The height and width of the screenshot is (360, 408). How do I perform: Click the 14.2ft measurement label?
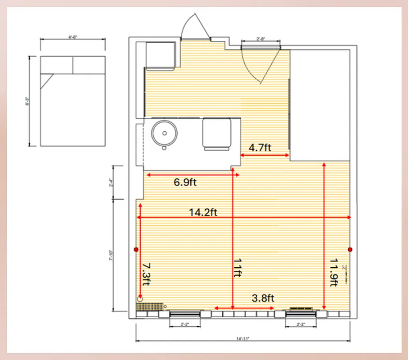pyautogui.click(x=203, y=212)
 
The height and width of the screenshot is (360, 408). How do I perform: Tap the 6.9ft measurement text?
pyautogui.click(x=185, y=182)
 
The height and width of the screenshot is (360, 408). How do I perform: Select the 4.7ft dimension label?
pyautogui.click(x=260, y=148)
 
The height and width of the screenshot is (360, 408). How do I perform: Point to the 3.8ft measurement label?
pyautogui.click(x=263, y=298)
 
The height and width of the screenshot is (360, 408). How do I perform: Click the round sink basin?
pyautogui.click(x=165, y=133)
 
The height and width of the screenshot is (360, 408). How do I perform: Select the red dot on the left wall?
pyautogui.click(x=136, y=249)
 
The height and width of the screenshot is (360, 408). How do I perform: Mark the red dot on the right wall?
pyautogui.click(x=350, y=249)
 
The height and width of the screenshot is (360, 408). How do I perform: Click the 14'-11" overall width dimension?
pyautogui.click(x=243, y=338)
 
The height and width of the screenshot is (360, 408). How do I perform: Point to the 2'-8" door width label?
pyautogui.click(x=261, y=39)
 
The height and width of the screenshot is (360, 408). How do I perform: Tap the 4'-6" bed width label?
pyautogui.click(x=72, y=37)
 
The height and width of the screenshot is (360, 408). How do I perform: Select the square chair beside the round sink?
pyautogui.click(x=217, y=132)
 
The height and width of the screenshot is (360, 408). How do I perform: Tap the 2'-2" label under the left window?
pyautogui.click(x=185, y=324)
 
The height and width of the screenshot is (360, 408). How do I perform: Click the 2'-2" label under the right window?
pyautogui.click(x=300, y=324)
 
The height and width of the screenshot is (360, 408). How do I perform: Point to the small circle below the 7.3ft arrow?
pyautogui.click(x=140, y=298)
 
